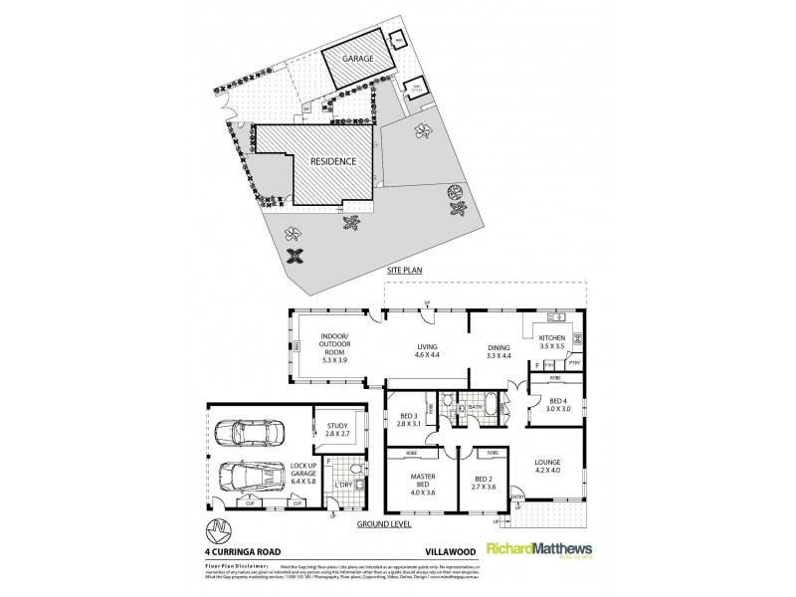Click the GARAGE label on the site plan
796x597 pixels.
coord(358,59)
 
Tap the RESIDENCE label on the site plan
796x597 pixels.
coord(332,160)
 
